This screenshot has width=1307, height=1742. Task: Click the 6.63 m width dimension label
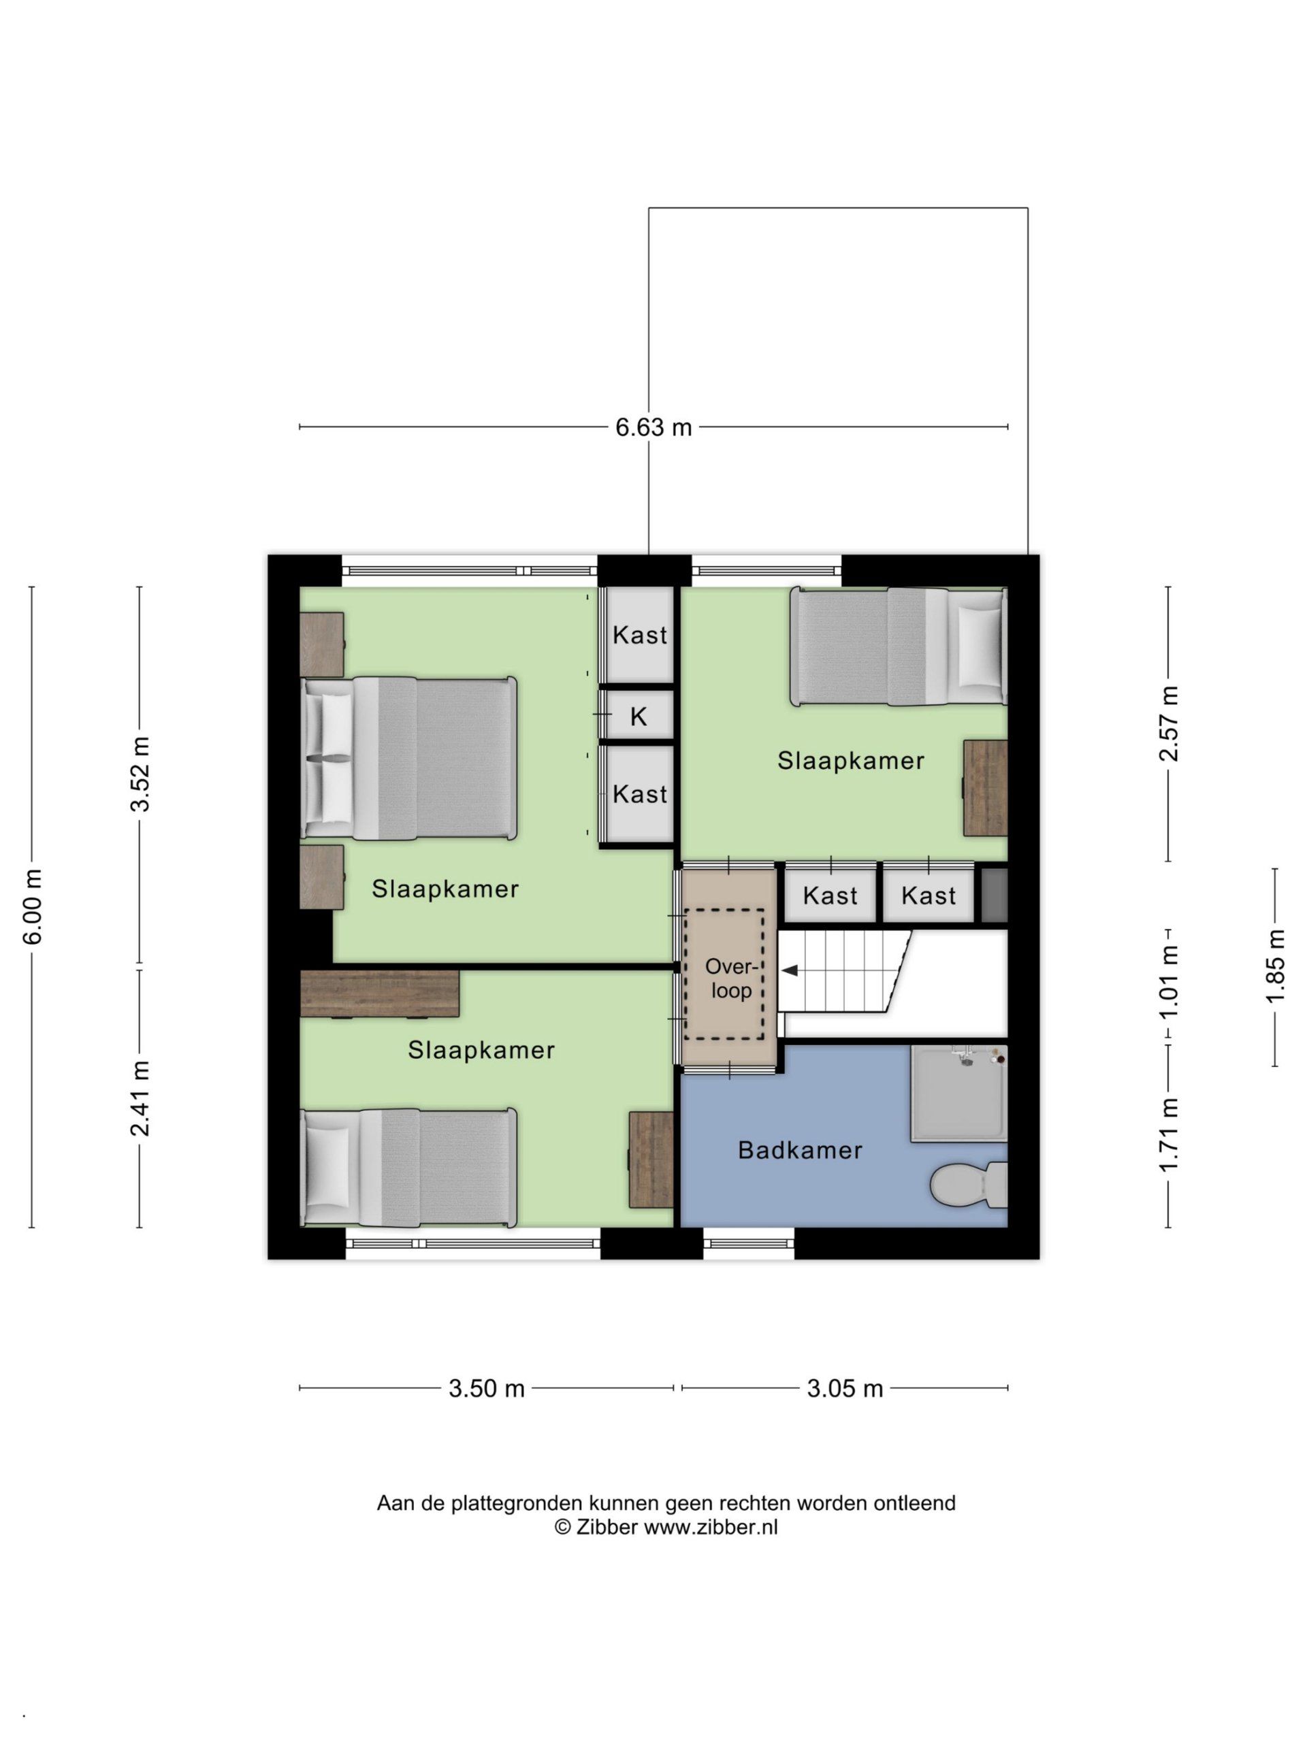(x=653, y=427)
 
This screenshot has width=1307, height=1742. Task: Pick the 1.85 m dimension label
(x=1276, y=967)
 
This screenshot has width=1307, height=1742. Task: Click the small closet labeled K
(x=638, y=717)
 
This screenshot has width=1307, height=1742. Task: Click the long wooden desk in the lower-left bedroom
(x=381, y=994)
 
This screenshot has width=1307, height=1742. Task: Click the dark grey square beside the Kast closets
(x=995, y=895)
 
